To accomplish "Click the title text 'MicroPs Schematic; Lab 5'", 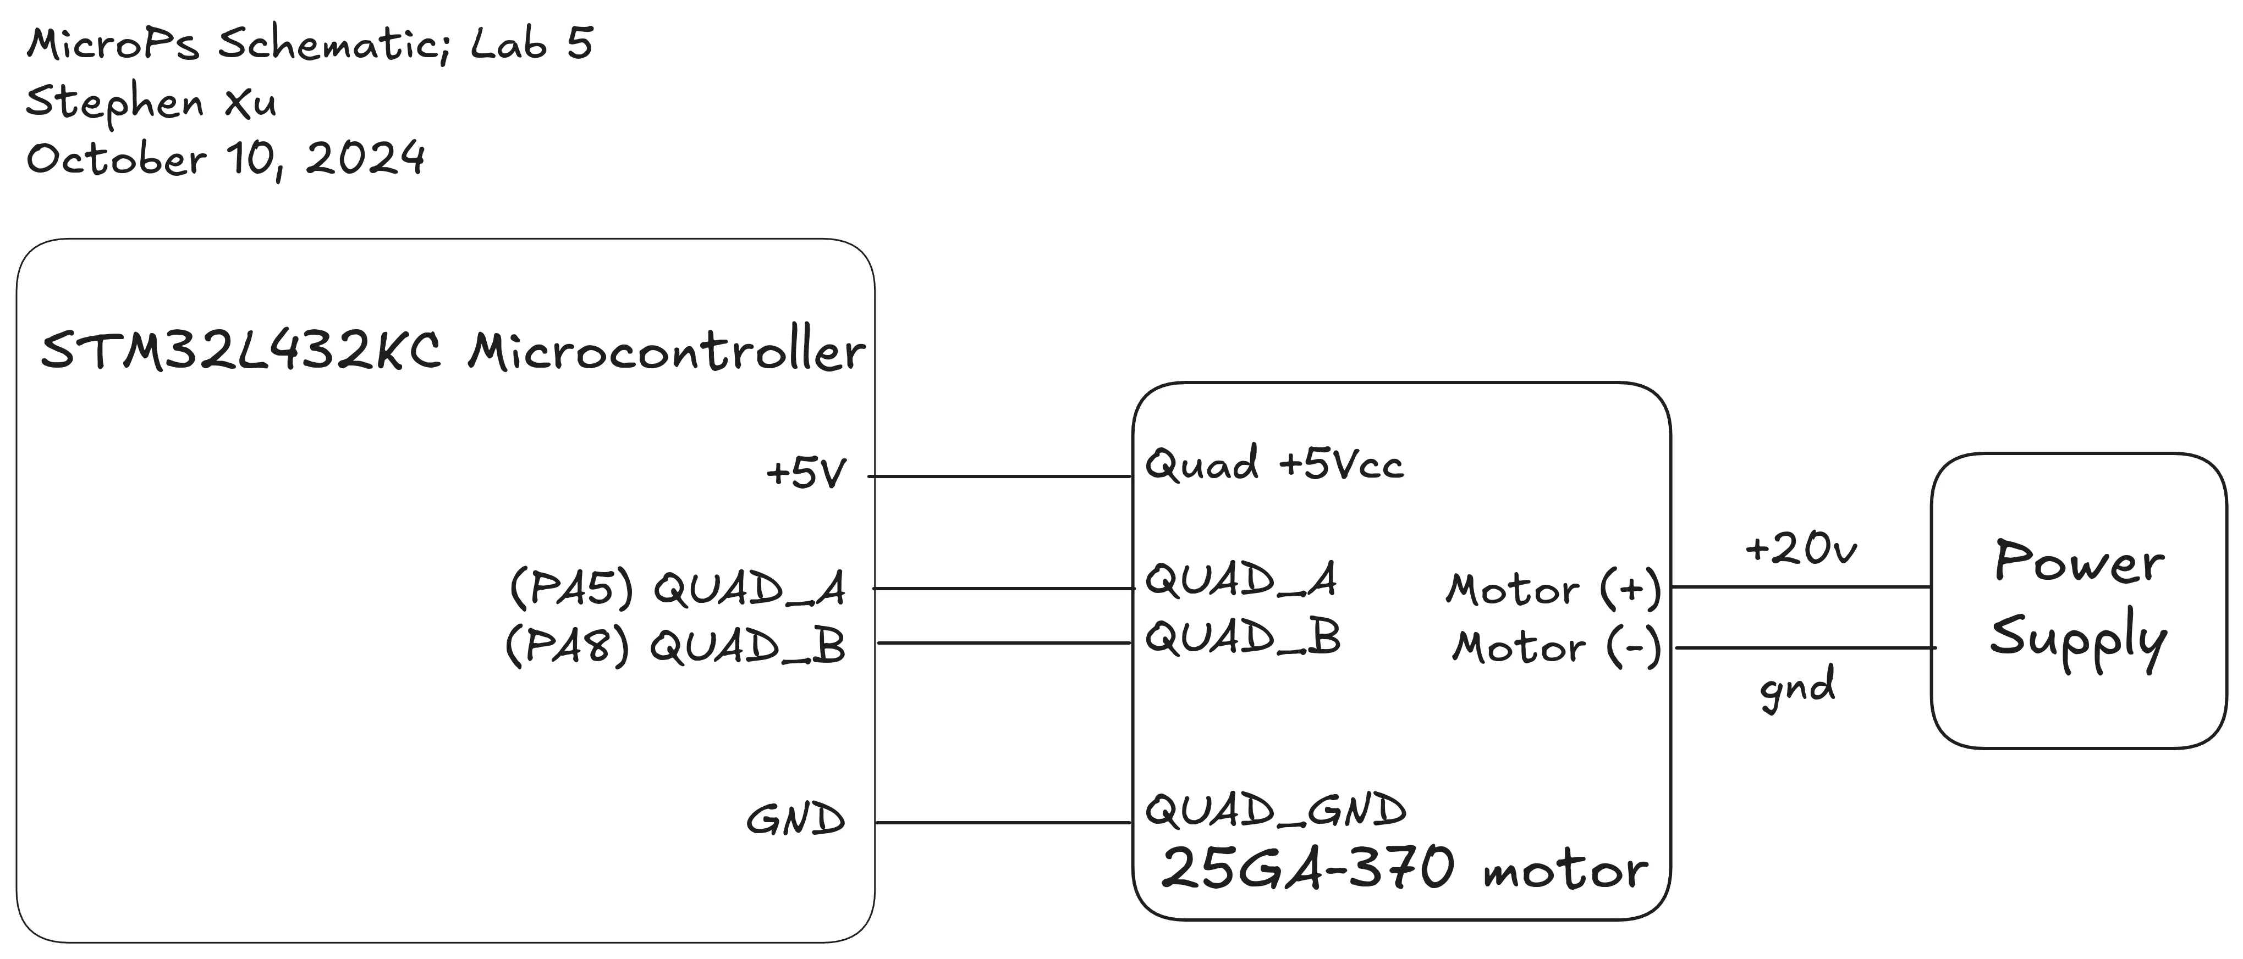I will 309,43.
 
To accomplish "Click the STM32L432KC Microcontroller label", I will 453,352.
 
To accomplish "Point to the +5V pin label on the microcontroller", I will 805,474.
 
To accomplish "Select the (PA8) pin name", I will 568,646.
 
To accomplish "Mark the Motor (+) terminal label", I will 1553,589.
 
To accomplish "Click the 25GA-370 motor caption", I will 1404,868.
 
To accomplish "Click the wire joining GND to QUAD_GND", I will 1002,822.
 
